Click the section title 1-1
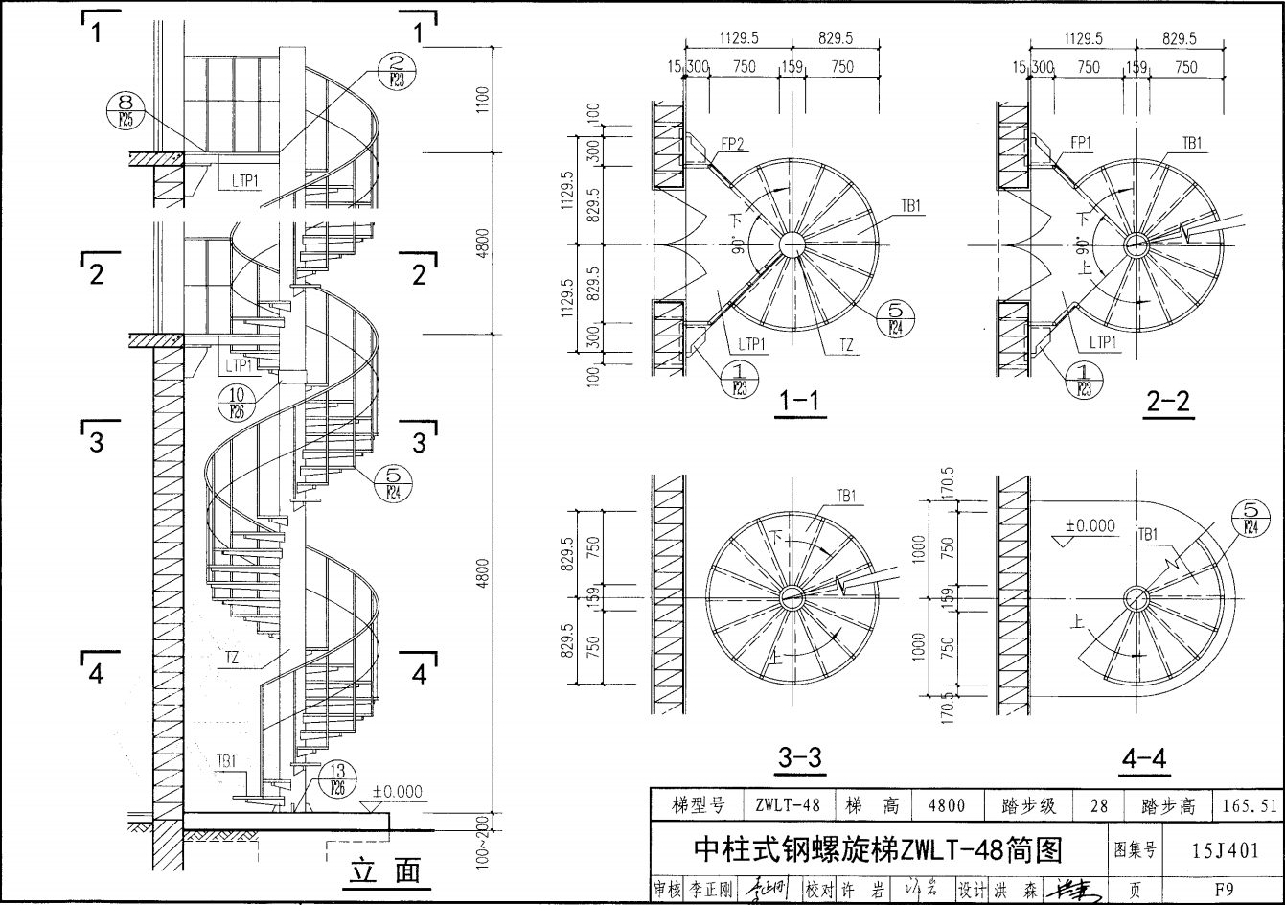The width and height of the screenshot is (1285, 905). pyautogui.click(x=799, y=401)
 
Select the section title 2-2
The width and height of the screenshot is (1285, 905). pyautogui.click(x=1167, y=401)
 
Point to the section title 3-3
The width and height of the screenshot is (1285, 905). pyautogui.click(x=799, y=757)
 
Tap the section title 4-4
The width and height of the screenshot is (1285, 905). pyautogui.click(x=1144, y=757)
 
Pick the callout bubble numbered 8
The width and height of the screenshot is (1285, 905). pyautogui.click(x=125, y=111)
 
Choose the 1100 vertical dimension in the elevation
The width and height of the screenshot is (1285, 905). pyautogui.click(x=483, y=99)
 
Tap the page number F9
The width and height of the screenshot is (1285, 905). pyautogui.click(x=1224, y=889)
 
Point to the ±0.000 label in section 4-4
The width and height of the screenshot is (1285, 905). pyautogui.click(x=1090, y=526)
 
